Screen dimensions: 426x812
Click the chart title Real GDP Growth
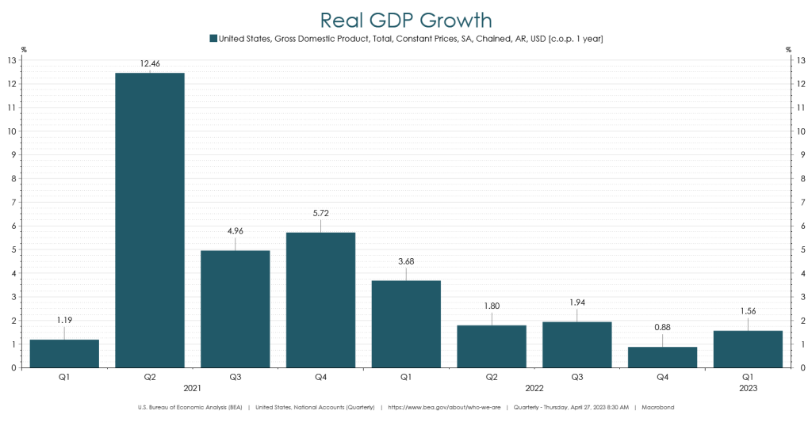(406, 19)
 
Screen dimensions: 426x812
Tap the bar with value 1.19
(64, 353)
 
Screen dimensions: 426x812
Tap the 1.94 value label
(576, 303)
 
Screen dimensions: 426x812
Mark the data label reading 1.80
(492, 306)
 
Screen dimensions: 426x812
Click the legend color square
(213, 38)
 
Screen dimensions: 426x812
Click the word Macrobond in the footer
(658, 407)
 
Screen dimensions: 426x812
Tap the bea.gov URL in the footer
(443, 407)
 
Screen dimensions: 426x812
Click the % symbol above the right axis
(788, 50)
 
